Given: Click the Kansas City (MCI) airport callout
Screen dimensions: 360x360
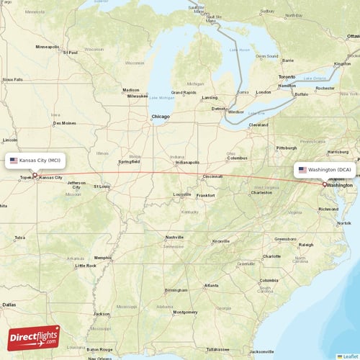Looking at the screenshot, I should [37, 160].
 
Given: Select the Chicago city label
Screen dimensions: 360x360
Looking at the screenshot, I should [160, 117].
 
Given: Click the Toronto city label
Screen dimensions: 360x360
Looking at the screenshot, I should [287, 76].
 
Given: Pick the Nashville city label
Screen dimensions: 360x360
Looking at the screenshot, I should [174, 237].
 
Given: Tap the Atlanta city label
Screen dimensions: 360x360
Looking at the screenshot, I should [211, 286].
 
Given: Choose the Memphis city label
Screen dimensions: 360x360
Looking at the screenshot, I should [103, 257].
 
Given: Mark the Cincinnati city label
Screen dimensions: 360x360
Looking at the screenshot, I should [212, 176].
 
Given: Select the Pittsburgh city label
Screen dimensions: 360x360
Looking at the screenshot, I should [286, 148].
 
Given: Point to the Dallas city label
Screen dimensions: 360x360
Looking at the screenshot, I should [9, 305].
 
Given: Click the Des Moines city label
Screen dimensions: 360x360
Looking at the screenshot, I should [64, 123].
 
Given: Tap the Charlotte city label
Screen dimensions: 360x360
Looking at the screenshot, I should [271, 256].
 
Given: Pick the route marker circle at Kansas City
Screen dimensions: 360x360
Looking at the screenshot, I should [34, 174].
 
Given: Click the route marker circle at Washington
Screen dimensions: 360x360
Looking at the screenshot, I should [324, 184].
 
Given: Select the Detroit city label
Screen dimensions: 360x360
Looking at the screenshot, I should [217, 109].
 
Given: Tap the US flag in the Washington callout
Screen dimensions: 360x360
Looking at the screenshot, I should [302, 170].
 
